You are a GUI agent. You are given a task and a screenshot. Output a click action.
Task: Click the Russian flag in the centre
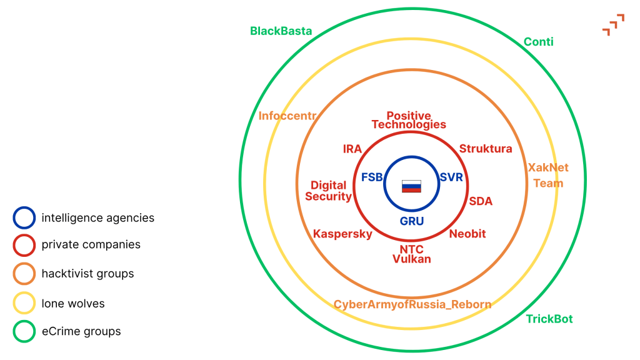tap(411, 186)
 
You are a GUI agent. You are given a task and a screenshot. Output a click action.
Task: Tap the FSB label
tap(372, 177)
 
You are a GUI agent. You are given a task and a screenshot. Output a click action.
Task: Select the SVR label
tap(451, 177)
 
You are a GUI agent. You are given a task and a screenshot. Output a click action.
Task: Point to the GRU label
tap(412, 221)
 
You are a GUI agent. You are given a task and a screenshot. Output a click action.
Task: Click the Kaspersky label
tap(342, 234)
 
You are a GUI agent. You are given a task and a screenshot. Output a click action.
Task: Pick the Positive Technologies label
tap(409, 120)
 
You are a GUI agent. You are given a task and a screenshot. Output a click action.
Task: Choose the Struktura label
tap(486, 149)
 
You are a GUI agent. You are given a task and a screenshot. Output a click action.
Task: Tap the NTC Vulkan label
tap(411, 254)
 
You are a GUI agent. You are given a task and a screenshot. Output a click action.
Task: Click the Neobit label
tap(467, 234)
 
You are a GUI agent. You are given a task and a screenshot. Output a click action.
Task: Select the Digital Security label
tap(328, 191)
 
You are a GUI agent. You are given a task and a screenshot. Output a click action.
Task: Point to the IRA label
tap(352, 149)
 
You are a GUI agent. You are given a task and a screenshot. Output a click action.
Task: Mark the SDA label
tap(481, 201)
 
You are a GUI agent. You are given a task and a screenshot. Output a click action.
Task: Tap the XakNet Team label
tap(548, 176)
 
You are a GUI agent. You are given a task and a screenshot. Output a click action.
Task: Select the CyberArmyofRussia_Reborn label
tap(412, 304)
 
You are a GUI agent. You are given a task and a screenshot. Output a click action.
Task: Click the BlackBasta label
tap(281, 31)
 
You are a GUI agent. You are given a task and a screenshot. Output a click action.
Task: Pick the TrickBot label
tap(549, 319)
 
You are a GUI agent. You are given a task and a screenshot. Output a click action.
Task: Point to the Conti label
tap(538, 42)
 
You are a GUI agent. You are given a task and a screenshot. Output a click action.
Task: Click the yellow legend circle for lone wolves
tap(24, 304)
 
